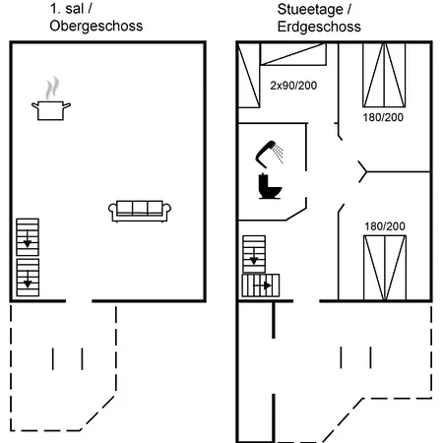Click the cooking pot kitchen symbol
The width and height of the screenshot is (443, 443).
tap(51, 110)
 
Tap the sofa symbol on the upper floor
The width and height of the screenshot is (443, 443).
tap(140, 211)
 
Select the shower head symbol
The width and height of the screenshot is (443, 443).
tap(269, 154)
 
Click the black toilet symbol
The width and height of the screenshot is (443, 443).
tap(270, 186)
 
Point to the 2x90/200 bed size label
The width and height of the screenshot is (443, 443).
tap(293, 86)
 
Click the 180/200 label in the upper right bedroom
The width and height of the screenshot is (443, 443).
tap(383, 117)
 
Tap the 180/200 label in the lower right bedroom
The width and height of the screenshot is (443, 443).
tap(385, 226)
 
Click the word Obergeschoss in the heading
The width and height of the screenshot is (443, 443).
tap(96, 26)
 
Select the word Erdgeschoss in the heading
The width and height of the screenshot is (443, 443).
tap(319, 27)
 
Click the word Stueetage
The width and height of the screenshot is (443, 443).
tap(310, 9)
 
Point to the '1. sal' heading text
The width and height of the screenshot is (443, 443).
tap(67, 9)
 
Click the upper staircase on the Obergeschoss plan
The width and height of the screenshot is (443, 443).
tap(28, 237)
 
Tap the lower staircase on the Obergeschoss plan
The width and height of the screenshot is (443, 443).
tap(28, 278)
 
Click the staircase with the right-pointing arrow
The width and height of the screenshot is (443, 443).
tap(261, 285)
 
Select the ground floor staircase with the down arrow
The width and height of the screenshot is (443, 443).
tap(254, 254)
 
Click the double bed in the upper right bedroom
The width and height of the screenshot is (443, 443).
tap(384, 75)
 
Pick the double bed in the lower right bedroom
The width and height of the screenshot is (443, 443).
tap(385, 268)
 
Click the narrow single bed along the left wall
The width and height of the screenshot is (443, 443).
tap(249, 75)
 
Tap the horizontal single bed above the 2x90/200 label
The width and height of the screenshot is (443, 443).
tap(293, 54)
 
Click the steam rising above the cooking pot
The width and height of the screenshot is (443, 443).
tap(52, 89)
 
